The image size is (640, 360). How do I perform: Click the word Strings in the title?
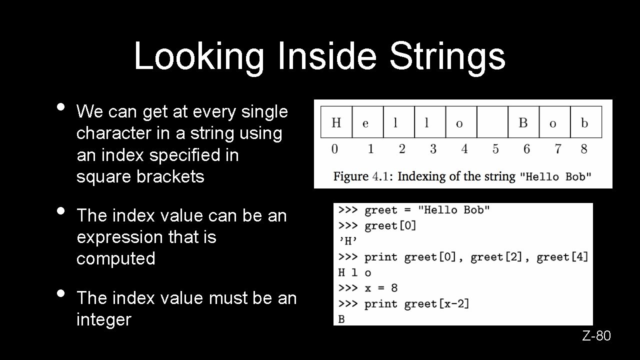click(x=447, y=56)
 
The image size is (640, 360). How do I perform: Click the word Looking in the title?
click(x=198, y=56)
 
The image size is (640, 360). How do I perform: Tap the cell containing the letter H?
click(x=336, y=122)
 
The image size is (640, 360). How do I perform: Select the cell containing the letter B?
click(x=523, y=122)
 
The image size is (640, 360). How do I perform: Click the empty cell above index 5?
click(x=492, y=122)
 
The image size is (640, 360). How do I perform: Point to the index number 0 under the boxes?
click(x=334, y=149)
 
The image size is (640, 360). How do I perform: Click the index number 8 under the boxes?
click(x=584, y=149)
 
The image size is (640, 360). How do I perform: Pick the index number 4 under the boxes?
click(x=464, y=149)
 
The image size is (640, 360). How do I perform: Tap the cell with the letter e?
click(x=367, y=122)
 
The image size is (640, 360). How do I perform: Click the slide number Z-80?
click(x=596, y=336)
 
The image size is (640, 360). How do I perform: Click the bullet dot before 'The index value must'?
click(x=60, y=293)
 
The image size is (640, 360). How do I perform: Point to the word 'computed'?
click(x=116, y=258)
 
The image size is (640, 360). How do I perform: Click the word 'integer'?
click(x=103, y=319)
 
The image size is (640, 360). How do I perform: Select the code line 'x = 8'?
click(x=381, y=288)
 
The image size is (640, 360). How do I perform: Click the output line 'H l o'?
click(x=354, y=272)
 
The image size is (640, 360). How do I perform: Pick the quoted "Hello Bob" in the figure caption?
click(x=555, y=176)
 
